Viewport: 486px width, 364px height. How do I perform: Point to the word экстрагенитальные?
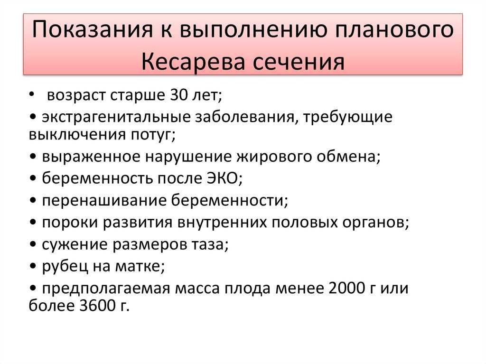click(116, 117)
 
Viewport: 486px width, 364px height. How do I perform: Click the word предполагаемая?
click(106, 289)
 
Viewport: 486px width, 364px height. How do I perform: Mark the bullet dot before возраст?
click(32, 94)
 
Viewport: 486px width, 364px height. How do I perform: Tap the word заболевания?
click(244, 117)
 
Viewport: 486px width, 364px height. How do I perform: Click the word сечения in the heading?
click(299, 62)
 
